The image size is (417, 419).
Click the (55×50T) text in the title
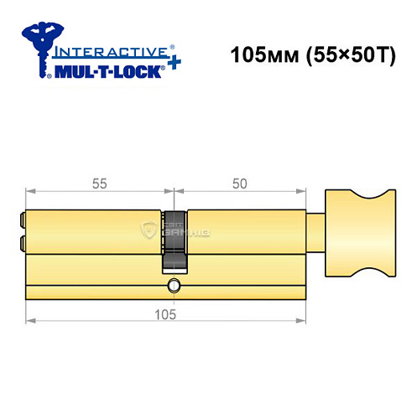pyautogui.click(x=347, y=56)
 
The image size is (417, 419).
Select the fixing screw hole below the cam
pyautogui.click(x=173, y=285)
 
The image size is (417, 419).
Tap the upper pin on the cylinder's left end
pyautogui.click(x=21, y=221)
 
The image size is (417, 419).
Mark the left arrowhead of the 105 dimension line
pyautogui.click(x=30, y=321)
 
